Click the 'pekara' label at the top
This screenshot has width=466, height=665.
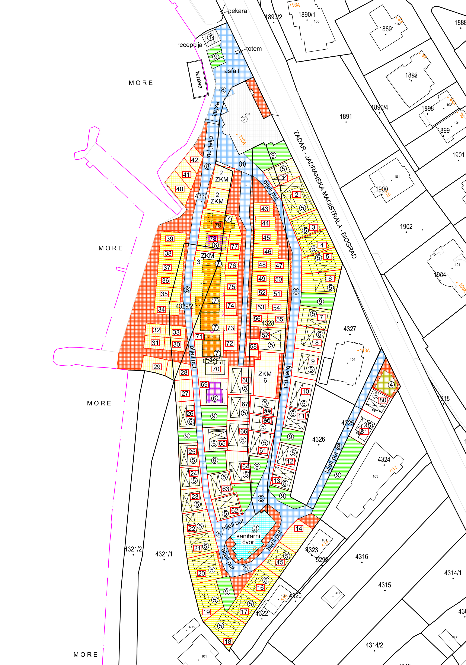point(237,11)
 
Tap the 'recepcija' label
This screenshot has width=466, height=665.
point(189,45)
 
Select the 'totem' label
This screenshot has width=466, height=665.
point(254,49)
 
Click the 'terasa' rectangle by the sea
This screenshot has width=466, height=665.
point(198,80)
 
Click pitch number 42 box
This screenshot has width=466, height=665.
point(194,160)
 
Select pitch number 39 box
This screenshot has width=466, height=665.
point(170,239)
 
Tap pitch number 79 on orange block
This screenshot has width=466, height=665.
point(218,225)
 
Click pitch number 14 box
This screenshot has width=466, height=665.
point(299,528)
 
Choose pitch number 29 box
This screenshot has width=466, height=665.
point(157,367)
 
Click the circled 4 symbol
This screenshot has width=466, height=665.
point(391,385)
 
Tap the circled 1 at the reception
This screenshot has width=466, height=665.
point(211,37)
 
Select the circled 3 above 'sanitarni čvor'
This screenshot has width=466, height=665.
point(256,528)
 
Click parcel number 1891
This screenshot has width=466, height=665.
point(346,117)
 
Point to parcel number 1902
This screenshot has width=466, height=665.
point(406,227)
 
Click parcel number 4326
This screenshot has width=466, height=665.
point(318,439)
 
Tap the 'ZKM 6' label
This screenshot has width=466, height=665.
point(265,377)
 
